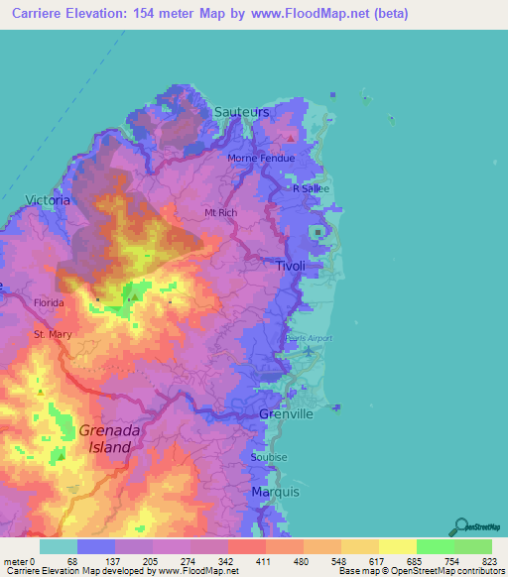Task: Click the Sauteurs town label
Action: pyautogui.click(x=241, y=112)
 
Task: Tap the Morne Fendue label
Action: pyautogui.click(x=265, y=159)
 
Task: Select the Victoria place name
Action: pyautogui.click(x=48, y=199)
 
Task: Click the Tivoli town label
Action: pyautogui.click(x=291, y=267)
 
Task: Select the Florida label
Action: pyautogui.click(x=47, y=302)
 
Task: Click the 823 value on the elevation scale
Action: pyautogui.click(x=490, y=561)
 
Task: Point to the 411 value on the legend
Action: pyautogui.click(x=265, y=561)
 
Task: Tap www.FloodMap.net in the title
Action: pyautogui.click(x=303, y=14)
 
